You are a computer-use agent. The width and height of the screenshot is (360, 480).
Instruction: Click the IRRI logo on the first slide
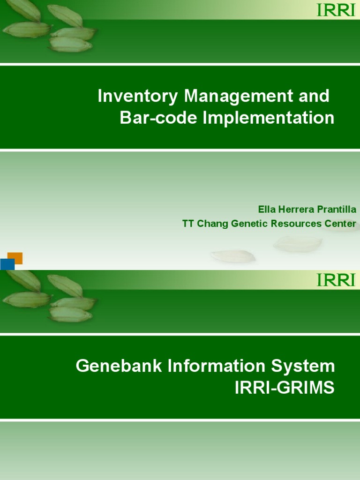[336, 10]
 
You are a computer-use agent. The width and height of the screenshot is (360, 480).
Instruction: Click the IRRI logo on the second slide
[336, 280]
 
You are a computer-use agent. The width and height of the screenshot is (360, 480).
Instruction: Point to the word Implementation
[269, 118]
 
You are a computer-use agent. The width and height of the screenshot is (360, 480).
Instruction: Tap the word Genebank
[114, 366]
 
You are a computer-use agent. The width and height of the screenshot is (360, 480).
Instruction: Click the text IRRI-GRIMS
[285, 388]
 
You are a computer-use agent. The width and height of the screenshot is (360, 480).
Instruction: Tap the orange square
[15, 258]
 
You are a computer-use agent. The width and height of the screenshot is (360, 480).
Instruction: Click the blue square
[7, 264]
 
